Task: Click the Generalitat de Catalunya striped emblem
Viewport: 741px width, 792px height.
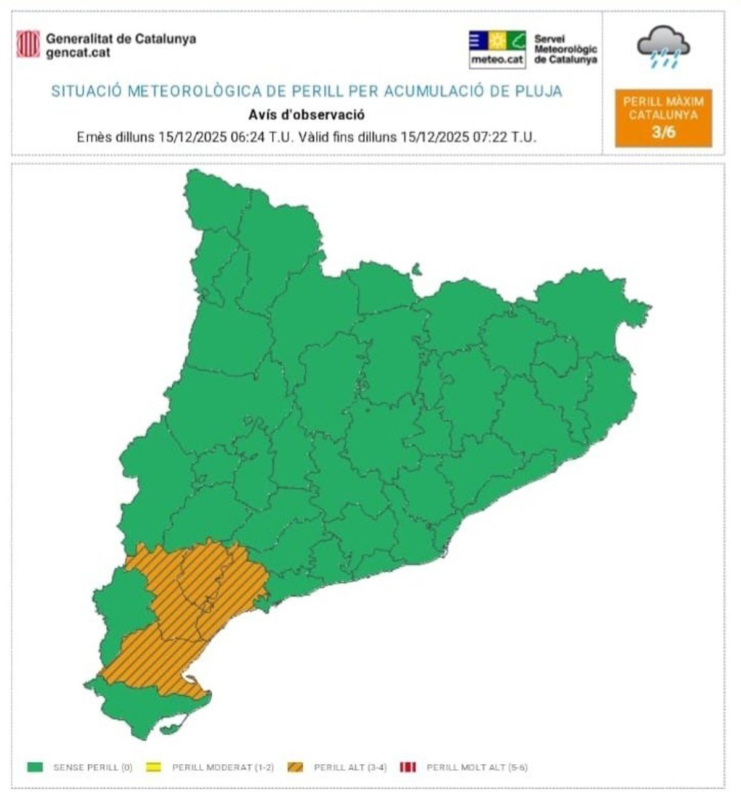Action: [28, 44]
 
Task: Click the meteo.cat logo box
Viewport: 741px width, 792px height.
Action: [497, 49]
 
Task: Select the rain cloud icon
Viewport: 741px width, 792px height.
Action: [663, 46]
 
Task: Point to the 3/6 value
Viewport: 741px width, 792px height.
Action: [663, 132]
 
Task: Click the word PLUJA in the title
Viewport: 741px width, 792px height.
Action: [540, 92]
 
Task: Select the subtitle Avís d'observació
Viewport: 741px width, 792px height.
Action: [306, 115]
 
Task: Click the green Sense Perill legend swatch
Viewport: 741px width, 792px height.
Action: [35, 767]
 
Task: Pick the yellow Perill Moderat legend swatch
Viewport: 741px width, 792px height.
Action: [154, 767]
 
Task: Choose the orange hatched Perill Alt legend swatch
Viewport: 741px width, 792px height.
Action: [295, 767]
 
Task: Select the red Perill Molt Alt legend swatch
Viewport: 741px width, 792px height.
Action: [408, 767]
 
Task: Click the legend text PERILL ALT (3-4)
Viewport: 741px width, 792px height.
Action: [350, 767]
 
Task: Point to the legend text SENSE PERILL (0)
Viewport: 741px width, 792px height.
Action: [93, 767]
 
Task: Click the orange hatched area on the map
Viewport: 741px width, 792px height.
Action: [204, 593]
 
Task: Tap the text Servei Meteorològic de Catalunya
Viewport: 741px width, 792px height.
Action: [565, 49]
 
